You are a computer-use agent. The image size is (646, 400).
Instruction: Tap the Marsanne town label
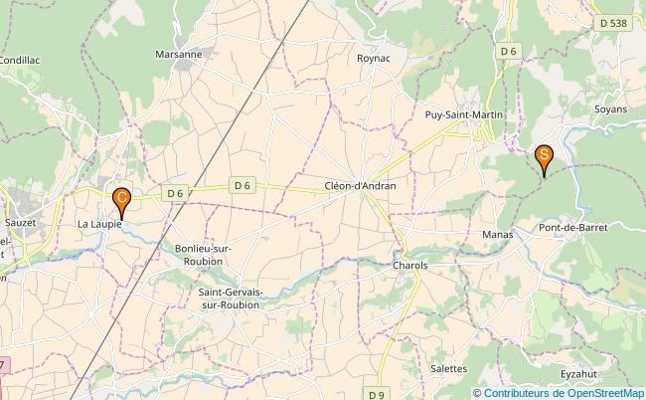(179, 54)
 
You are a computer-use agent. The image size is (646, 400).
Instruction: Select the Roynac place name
(375, 59)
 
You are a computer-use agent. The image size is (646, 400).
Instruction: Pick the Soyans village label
(609, 108)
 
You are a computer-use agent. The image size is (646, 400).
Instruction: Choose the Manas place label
(496, 234)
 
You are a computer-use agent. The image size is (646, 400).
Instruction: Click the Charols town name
(409, 266)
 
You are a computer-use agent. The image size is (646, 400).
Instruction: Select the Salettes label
(449, 368)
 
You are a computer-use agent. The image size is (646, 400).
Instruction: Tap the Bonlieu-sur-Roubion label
(198, 254)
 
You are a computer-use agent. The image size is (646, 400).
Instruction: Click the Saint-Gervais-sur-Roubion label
(228, 298)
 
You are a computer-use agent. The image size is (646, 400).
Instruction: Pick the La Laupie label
(99, 225)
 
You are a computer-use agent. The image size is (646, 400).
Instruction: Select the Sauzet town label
(20, 223)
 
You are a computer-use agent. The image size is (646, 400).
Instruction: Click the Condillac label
(19, 60)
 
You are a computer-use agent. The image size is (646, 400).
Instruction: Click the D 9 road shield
(375, 395)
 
